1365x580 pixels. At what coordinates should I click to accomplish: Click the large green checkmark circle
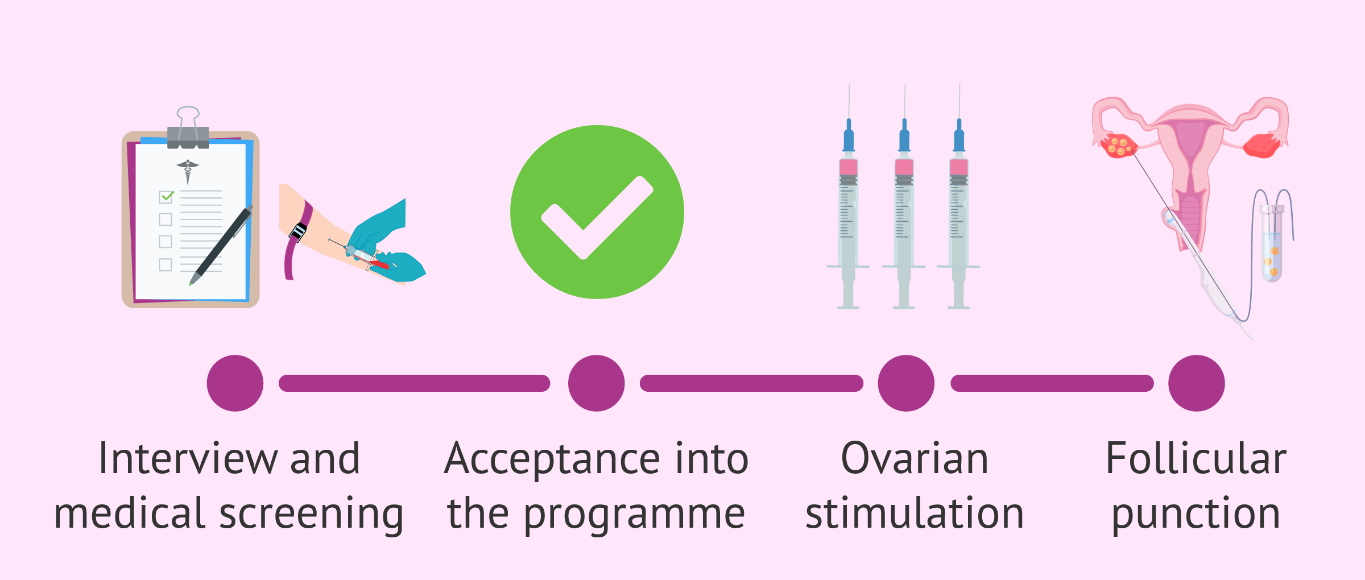coord(597,212)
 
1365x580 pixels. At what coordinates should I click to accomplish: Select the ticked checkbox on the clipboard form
coord(166,197)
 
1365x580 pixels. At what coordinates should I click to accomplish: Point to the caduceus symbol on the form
coord(188,171)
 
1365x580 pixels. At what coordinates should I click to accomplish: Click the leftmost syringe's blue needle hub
coord(849,136)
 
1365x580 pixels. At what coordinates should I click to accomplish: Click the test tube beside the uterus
coord(1272,245)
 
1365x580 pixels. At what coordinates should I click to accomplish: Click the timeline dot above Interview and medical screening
coord(235,383)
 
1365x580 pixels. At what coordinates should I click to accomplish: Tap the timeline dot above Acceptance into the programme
coord(596,383)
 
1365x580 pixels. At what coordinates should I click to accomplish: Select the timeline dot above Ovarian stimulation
coord(906,383)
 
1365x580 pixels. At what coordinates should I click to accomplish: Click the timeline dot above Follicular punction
coord(1196,383)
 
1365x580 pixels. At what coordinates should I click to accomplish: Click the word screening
coord(311,514)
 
